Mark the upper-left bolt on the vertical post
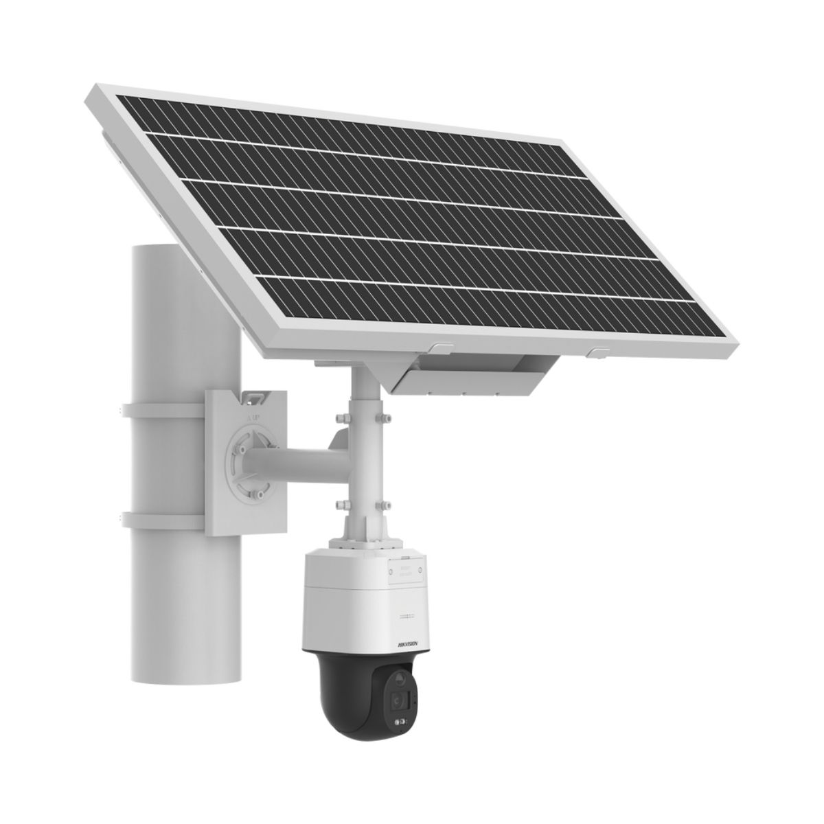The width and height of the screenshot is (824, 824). click(x=340, y=417)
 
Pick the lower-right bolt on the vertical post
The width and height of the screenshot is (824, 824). click(x=382, y=505)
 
